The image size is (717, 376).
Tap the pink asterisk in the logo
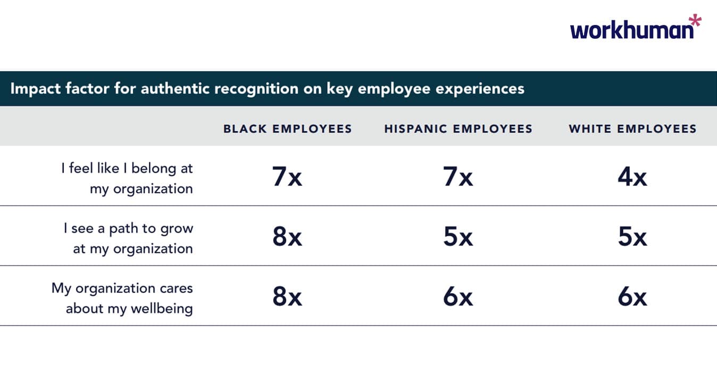coord(695,22)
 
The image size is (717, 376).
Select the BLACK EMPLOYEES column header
coord(287,129)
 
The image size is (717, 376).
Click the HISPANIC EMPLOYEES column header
coord(458,129)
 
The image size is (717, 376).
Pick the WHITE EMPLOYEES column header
coord(632,129)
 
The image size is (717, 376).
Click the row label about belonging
coord(127,178)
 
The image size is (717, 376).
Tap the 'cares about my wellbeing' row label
coord(122,298)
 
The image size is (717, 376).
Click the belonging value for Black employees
coord(287,176)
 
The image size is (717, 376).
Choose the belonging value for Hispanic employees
coord(458,176)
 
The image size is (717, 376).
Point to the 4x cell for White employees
coord(632,176)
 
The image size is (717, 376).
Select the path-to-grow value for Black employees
coord(287,237)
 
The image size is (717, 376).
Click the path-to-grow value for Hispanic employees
coord(458,237)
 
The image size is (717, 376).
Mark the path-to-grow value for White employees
coord(632,237)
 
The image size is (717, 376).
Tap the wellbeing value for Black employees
coord(287,297)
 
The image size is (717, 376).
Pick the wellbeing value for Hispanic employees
coord(458,297)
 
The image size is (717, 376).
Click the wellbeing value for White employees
coord(632,297)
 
